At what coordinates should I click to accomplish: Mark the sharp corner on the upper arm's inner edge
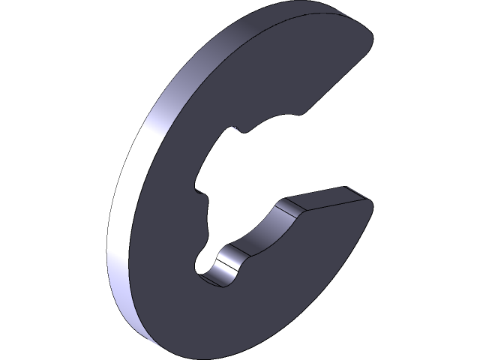[x=303, y=114]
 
